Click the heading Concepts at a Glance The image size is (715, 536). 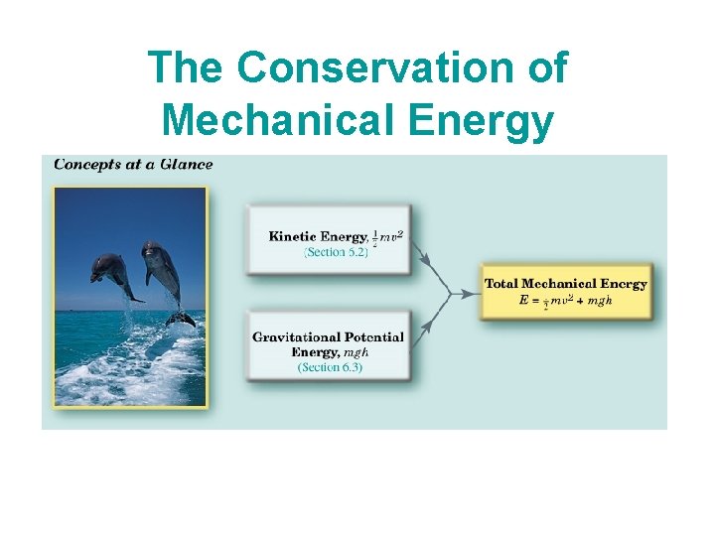click(x=132, y=164)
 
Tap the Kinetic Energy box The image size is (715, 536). click(x=329, y=241)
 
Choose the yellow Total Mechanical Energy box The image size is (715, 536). click(x=565, y=292)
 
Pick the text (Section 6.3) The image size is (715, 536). click(x=330, y=367)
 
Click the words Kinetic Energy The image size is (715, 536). click(x=317, y=236)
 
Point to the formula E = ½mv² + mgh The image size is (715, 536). click(x=565, y=301)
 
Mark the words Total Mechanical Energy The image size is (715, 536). click(x=565, y=284)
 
